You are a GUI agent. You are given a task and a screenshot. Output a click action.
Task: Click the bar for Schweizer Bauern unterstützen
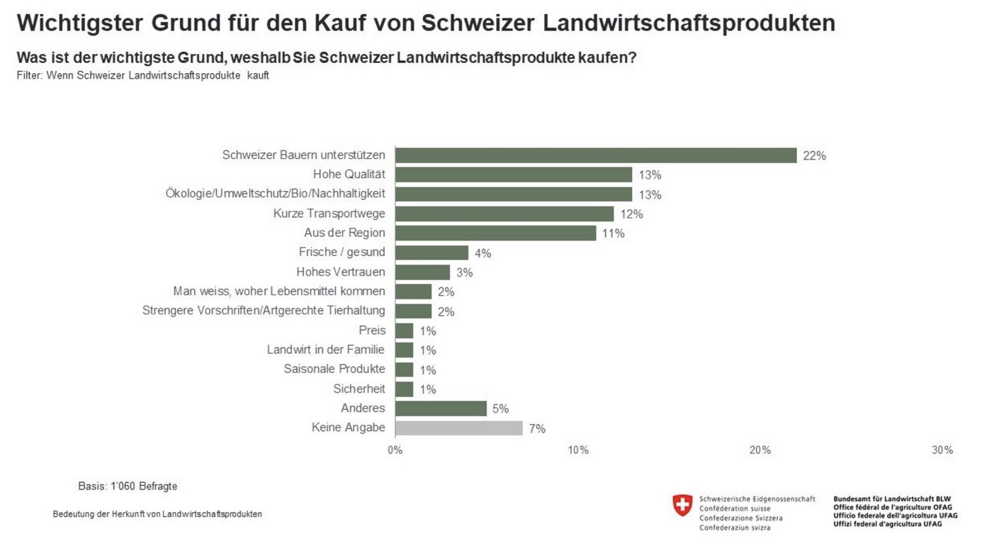pos(596,155)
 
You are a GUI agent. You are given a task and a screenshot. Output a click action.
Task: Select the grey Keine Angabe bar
pos(459,428)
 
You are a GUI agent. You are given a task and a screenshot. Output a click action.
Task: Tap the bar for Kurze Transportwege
pos(505,214)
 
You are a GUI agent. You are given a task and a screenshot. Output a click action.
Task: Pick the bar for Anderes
pos(441,409)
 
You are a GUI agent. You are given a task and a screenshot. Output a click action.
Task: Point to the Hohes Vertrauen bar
pos(422,272)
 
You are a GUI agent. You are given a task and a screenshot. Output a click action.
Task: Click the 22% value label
pos(814,156)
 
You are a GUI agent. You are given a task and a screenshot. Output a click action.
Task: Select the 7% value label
pos(537,428)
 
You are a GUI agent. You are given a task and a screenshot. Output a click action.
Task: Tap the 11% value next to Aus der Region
pos(613,233)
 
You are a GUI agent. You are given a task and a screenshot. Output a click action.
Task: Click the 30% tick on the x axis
pos(942,450)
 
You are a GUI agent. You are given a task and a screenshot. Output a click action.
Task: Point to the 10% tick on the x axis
pos(578,450)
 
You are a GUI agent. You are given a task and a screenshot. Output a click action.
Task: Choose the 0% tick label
pos(395,450)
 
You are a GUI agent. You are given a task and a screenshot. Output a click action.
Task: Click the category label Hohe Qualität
pos(349,174)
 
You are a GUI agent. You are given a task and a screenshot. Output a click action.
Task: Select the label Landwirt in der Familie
pos(326,350)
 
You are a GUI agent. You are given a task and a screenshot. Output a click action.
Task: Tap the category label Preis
pos(372,331)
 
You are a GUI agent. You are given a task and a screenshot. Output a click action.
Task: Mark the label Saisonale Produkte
pos(334,369)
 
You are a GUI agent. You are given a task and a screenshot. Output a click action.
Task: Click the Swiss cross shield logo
pos(682,505)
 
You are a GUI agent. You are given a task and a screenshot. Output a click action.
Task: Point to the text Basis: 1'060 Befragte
pos(128,487)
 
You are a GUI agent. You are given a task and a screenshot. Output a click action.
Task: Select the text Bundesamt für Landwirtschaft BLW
pos(892,499)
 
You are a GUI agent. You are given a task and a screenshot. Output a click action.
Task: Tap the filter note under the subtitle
pos(142,75)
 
